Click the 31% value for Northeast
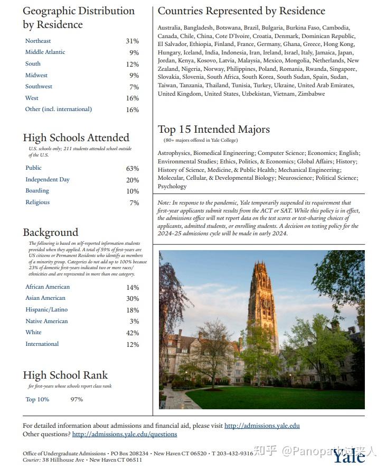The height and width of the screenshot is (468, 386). pos(132,41)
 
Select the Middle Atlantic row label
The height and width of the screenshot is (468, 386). pos(45,52)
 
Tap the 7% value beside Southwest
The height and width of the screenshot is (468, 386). pos(134,87)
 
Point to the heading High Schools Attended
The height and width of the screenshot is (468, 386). pos(76,138)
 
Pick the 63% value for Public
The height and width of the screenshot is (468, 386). pos(133,169)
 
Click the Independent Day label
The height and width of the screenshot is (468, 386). pos(48,180)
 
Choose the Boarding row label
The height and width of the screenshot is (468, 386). pos(37,191)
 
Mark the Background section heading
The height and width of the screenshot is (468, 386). pos(50,233)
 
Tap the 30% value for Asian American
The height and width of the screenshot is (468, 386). pos(133,299)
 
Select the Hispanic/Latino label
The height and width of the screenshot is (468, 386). pos(46,310)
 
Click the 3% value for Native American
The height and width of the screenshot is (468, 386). pos(134,322)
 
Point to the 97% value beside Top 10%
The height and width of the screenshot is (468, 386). pos(77,400)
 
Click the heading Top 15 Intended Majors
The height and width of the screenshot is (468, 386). pos(213,130)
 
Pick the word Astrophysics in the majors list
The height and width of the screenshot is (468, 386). pos(174,153)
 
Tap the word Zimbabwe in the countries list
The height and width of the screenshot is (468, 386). pos(312,94)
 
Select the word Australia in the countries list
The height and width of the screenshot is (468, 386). pos(169,28)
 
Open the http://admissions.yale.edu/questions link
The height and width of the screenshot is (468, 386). pos(125,435)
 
